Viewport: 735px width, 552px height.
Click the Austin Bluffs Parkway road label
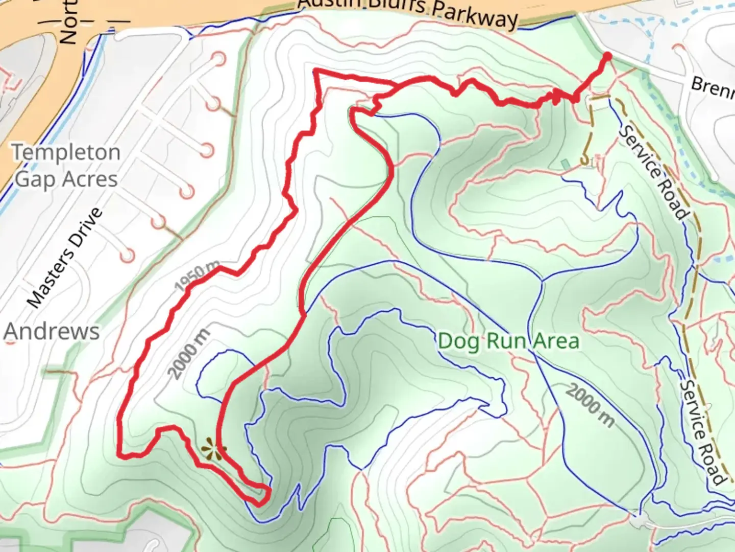tap(408, 11)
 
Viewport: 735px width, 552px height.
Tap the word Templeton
tap(66, 152)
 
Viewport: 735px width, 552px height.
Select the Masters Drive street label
tap(64, 258)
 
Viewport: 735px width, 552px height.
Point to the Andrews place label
tap(52, 331)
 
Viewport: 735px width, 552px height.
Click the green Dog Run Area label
tap(508, 341)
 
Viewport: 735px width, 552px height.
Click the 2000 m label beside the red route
tap(188, 355)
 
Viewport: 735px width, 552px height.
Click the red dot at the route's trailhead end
tap(607, 56)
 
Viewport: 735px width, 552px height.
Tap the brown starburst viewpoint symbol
tap(212, 450)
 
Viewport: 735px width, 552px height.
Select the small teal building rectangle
tap(565, 164)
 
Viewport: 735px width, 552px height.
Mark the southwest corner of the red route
tap(120, 454)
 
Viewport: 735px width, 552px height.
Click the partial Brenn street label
tap(712, 87)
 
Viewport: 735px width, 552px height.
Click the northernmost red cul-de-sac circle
tap(219, 59)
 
